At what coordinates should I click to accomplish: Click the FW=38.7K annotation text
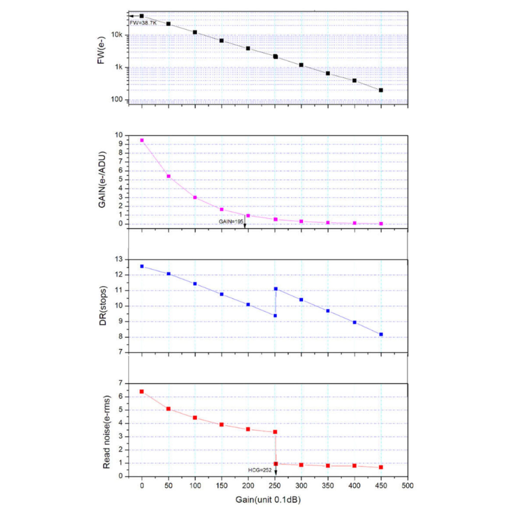click(143, 23)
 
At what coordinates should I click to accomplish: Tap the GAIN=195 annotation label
click(231, 222)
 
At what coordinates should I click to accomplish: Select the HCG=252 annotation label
click(260, 470)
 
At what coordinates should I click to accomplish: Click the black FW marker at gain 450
click(381, 90)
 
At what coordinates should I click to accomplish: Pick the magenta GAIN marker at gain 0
click(142, 141)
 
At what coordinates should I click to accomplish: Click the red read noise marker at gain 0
click(142, 391)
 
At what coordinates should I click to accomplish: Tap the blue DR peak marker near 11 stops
click(276, 289)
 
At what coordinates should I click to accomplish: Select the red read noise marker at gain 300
click(301, 465)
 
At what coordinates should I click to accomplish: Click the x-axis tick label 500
click(408, 486)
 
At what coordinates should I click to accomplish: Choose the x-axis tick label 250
click(275, 486)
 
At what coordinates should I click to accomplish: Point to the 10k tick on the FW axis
click(117, 35)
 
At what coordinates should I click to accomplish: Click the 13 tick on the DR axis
click(119, 260)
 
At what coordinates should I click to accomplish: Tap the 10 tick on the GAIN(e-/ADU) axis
click(119, 135)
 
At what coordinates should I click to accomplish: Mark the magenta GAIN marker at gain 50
click(168, 176)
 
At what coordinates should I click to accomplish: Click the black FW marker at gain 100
click(195, 32)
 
